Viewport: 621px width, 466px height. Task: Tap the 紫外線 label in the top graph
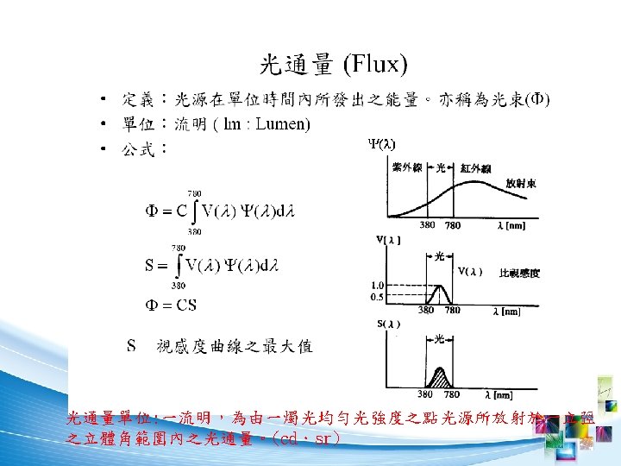(406, 167)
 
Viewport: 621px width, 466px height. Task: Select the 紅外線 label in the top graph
(476, 167)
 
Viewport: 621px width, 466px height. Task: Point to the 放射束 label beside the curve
(523, 184)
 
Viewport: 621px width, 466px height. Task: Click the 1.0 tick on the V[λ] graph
(377, 285)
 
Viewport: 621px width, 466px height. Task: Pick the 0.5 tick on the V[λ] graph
(377, 296)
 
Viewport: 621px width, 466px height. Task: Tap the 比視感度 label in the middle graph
(520, 274)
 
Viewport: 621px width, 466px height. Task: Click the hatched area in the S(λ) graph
(441, 377)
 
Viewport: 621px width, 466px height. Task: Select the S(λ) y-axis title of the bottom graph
(388, 324)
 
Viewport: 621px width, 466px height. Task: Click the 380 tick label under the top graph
(427, 226)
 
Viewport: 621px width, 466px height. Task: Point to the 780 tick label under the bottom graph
(452, 394)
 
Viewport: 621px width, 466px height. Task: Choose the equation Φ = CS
(168, 304)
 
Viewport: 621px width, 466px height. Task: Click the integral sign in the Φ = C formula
(198, 211)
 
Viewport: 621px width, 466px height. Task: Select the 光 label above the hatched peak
(441, 338)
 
